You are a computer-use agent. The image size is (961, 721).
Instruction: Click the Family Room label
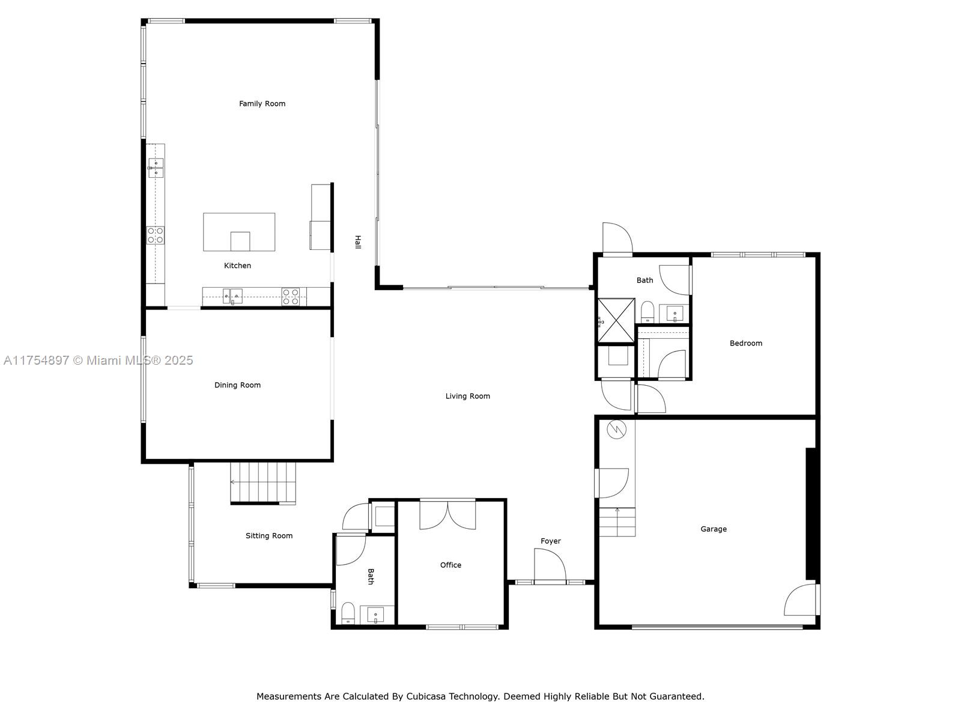point(262,103)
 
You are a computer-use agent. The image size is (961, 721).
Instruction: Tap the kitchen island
point(239,231)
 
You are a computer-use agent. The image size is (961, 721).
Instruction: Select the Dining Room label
point(237,385)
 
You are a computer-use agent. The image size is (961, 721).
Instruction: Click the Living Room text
point(467,396)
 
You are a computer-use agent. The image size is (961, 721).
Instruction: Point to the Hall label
point(357,242)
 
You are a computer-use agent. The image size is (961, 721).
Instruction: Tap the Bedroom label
point(745,343)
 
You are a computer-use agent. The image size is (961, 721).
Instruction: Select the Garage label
point(713,529)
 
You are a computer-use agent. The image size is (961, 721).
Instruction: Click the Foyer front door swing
point(550,565)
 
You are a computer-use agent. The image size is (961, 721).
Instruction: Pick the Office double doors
point(447,514)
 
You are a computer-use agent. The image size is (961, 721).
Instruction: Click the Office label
point(450,565)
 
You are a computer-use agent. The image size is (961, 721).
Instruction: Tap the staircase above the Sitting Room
point(263,482)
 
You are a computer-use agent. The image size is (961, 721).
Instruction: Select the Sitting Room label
point(268,535)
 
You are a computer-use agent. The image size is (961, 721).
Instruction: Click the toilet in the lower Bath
point(348,613)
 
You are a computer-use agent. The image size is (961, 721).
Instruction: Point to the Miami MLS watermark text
point(98,360)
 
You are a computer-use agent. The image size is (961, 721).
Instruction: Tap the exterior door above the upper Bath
point(617,239)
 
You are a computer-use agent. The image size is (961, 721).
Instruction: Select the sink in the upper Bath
point(675,313)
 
